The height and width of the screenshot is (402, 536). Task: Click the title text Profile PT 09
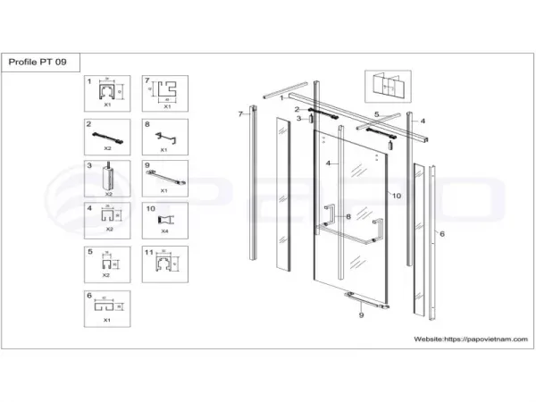42,62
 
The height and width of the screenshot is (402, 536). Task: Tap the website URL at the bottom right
471,339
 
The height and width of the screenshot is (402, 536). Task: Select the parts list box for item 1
108,94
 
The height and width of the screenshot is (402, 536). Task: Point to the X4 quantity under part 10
163,231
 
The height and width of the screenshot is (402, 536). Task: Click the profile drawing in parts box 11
163,264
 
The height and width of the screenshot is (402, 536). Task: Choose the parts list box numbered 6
108,308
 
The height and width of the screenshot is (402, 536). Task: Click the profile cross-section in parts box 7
165,90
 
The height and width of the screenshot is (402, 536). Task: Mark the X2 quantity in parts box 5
106,275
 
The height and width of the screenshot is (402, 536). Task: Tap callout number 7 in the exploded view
240,114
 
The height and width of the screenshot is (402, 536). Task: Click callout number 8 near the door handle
347,216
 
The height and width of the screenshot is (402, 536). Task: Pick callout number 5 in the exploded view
377,114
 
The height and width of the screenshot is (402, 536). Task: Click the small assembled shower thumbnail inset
381,88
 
